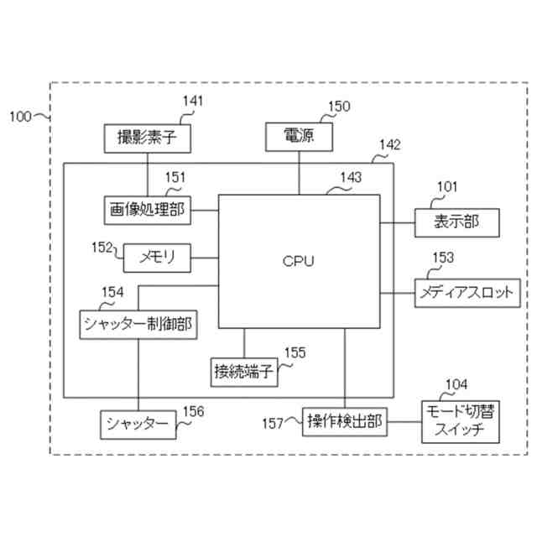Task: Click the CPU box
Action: [x=299, y=262]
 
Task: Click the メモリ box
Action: [x=157, y=258]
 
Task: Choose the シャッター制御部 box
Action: [x=139, y=324]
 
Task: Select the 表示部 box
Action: [x=456, y=222]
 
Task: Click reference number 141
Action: [x=192, y=102]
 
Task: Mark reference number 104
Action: [x=456, y=384]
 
